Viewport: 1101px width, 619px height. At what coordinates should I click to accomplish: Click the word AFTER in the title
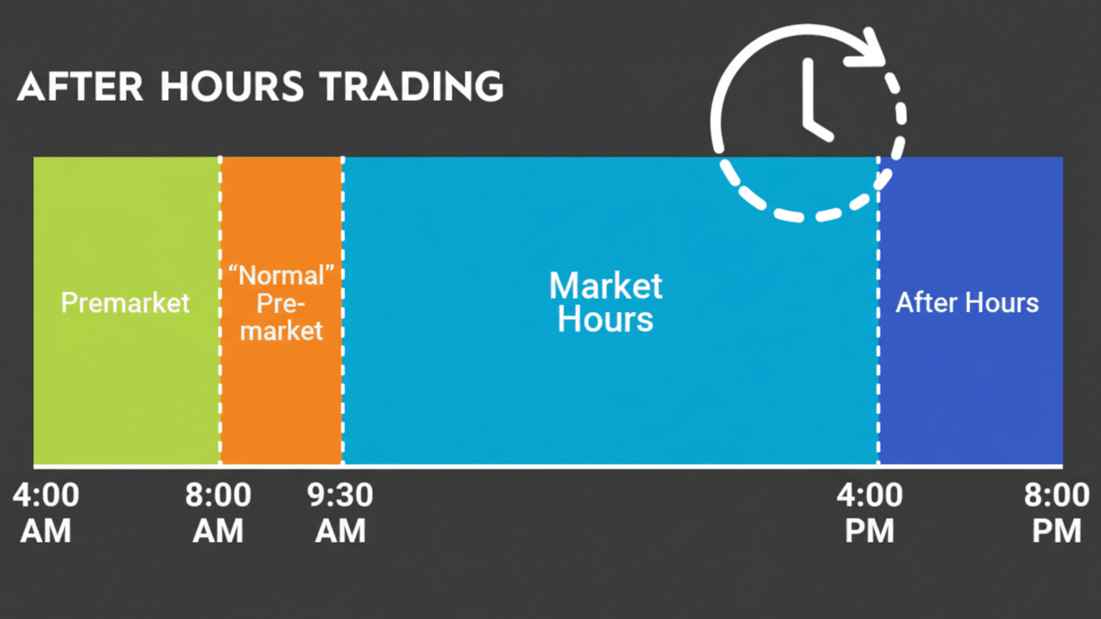(80, 87)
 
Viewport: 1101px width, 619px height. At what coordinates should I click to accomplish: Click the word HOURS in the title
(231, 87)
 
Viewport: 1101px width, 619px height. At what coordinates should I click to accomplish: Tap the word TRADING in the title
(411, 87)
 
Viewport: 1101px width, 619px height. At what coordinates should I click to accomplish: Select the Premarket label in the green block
(125, 303)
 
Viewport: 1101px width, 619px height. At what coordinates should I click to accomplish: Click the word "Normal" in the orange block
(281, 276)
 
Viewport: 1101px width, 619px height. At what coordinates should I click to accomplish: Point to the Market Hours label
(606, 302)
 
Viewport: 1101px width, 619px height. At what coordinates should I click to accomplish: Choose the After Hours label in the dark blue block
(967, 303)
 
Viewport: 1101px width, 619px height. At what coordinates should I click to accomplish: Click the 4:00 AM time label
(46, 512)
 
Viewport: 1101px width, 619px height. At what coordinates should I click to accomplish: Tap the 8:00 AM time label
(218, 512)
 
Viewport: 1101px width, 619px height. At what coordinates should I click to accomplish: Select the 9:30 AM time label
(340, 512)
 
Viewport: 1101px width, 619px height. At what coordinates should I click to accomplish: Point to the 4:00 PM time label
(869, 512)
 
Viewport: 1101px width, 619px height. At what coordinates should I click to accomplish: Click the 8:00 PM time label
(1056, 512)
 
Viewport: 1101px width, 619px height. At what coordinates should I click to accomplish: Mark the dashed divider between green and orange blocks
(220, 373)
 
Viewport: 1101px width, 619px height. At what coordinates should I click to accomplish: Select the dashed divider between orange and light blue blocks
(343, 373)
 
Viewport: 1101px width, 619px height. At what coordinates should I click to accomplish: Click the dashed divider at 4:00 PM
(878, 373)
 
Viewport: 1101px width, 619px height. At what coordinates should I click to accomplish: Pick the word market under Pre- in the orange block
(281, 331)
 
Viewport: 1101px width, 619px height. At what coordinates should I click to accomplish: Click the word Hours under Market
(606, 319)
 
